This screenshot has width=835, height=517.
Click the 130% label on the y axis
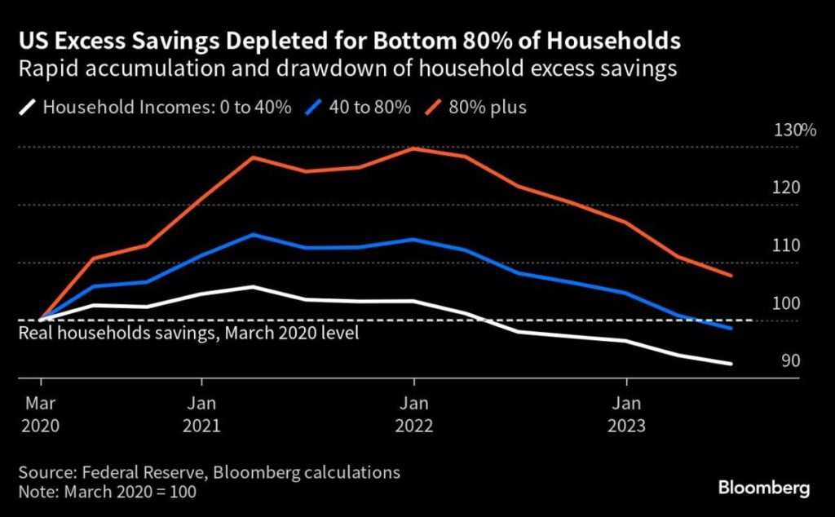point(789,130)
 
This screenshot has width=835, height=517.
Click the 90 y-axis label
point(791,361)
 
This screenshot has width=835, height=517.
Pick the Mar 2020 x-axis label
point(40,414)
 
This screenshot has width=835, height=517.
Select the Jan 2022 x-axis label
point(413,414)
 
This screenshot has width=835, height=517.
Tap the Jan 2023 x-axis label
point(626,414)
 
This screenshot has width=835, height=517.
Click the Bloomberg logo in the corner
point(763,488)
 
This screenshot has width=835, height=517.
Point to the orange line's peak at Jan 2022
point(414,148)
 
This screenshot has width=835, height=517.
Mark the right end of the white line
point(731,364)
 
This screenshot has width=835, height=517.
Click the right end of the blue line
point(731,329)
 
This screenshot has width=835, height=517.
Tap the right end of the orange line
point(731,276)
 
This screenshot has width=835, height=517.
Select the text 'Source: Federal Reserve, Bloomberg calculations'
point(209,472)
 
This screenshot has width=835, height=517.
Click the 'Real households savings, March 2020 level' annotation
point(188,334)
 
